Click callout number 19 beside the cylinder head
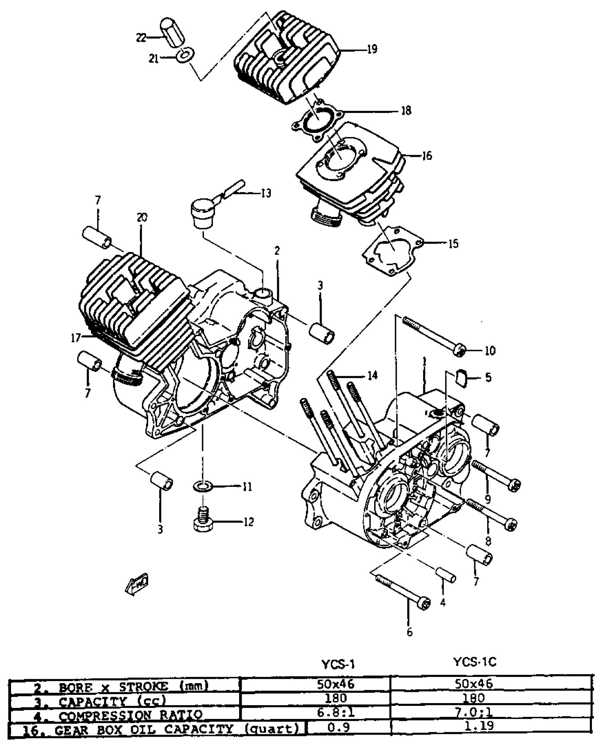click(x=372, y=49)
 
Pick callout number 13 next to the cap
click(x=266, y=193)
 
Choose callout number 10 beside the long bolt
click(x=490, y=351)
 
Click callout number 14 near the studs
click(x=372, y=375)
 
